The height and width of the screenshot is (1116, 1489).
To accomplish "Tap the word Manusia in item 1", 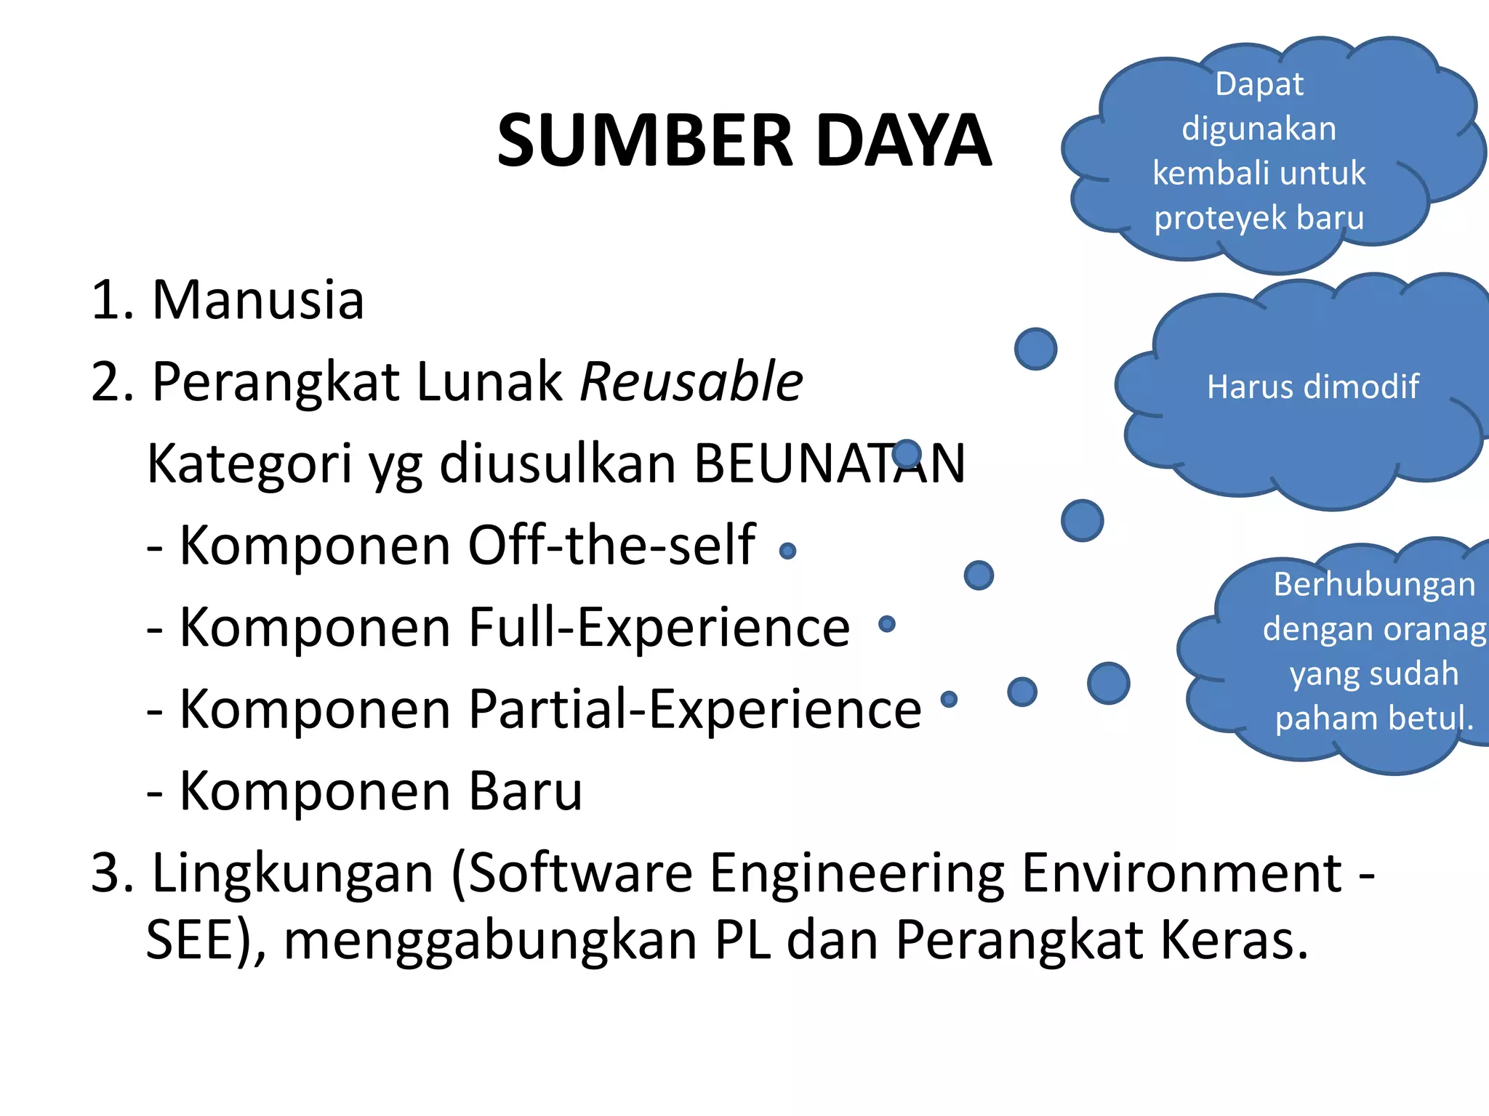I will pos(257,299).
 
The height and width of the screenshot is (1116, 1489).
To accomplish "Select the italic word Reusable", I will pos(691,381).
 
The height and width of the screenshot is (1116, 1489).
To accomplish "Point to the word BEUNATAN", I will pos(829,464).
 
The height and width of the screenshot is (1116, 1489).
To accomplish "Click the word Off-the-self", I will pos(611,545).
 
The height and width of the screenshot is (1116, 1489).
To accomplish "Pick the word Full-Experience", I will pos(659,627).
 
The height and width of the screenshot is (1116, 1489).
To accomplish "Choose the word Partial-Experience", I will pos(694,708).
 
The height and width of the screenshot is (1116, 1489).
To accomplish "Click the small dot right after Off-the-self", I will pos(787,551).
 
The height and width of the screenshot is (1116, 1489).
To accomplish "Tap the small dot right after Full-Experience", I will pos(886,623).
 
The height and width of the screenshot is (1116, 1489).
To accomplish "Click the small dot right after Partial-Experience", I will pos(949,699).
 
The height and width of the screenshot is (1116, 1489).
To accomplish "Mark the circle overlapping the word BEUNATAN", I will pos(907,454).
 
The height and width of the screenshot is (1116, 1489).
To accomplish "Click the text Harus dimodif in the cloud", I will pos(1312,387).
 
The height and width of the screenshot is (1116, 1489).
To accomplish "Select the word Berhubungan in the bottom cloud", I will pos(1373,584).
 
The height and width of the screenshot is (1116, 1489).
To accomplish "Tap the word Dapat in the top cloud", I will pos(1259,84).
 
